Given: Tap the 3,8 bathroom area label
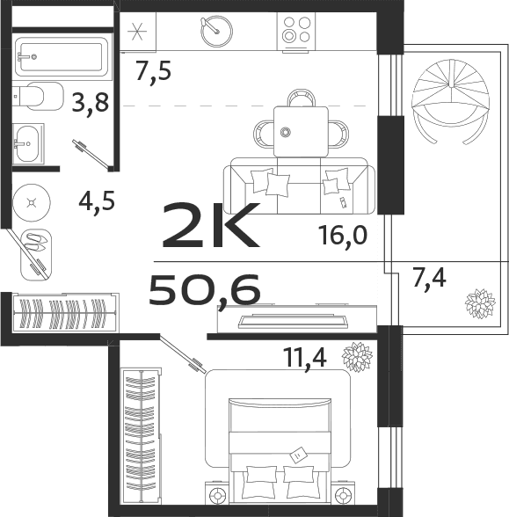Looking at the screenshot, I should click(91, 105).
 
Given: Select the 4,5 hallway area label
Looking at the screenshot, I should click(97, 201).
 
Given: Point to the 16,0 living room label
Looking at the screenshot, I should click(342, 235).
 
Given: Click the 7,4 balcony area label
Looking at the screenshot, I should click(429, 279).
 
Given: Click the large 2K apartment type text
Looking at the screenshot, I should click(210, 226).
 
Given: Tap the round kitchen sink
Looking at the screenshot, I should click(215, 33).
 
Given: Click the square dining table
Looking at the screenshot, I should click(300, 131).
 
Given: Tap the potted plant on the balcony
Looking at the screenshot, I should click(479, 304).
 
